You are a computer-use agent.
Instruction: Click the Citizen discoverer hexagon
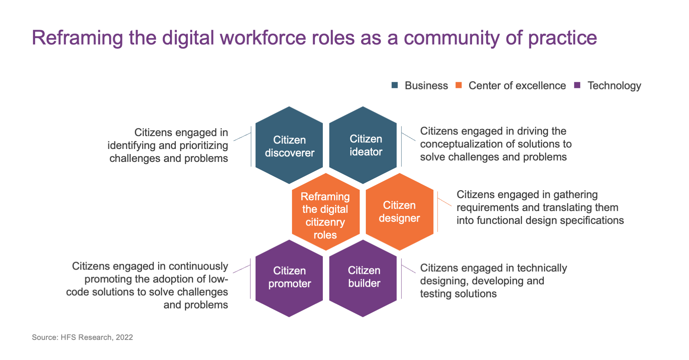click(x=289, y=145)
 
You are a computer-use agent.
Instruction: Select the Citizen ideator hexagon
click(x=363, y=145)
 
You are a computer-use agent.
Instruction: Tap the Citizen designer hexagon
click(x=400, y=212)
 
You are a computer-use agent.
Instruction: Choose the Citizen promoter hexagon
click(x=289, y=278)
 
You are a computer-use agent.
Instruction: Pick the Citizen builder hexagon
click(x=363, y=278)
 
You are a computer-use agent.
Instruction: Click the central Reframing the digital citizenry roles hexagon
click(x=326, y=212)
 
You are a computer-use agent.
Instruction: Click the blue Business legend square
click(x=395, y=85)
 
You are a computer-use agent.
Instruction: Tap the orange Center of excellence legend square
click(x=458, y=85)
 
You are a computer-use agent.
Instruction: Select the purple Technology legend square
click(x=577, y=85)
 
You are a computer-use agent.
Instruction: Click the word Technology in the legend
click(x=614, y=86)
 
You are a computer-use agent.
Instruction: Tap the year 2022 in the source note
click(x=124, y=337)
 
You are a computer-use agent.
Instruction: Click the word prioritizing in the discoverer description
click(x=204, y=146)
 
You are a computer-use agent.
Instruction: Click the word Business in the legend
click(x=426, y=85)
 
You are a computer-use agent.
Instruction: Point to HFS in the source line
click(x=69, y=337)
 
